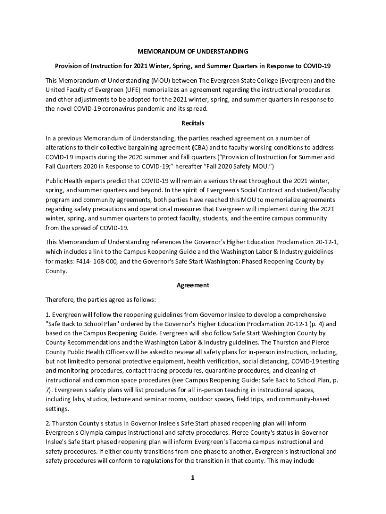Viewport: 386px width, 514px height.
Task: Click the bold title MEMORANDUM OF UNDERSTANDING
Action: (193, 51)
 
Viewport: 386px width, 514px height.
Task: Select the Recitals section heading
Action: (193, 123)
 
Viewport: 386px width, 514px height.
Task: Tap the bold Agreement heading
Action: (193, 285)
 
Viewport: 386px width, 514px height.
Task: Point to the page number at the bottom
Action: (192, 478)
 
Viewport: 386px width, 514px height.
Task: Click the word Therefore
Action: (59, 300)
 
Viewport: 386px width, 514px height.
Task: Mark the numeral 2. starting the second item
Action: (48, 423)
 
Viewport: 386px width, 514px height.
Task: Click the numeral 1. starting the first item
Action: (48, 314)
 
